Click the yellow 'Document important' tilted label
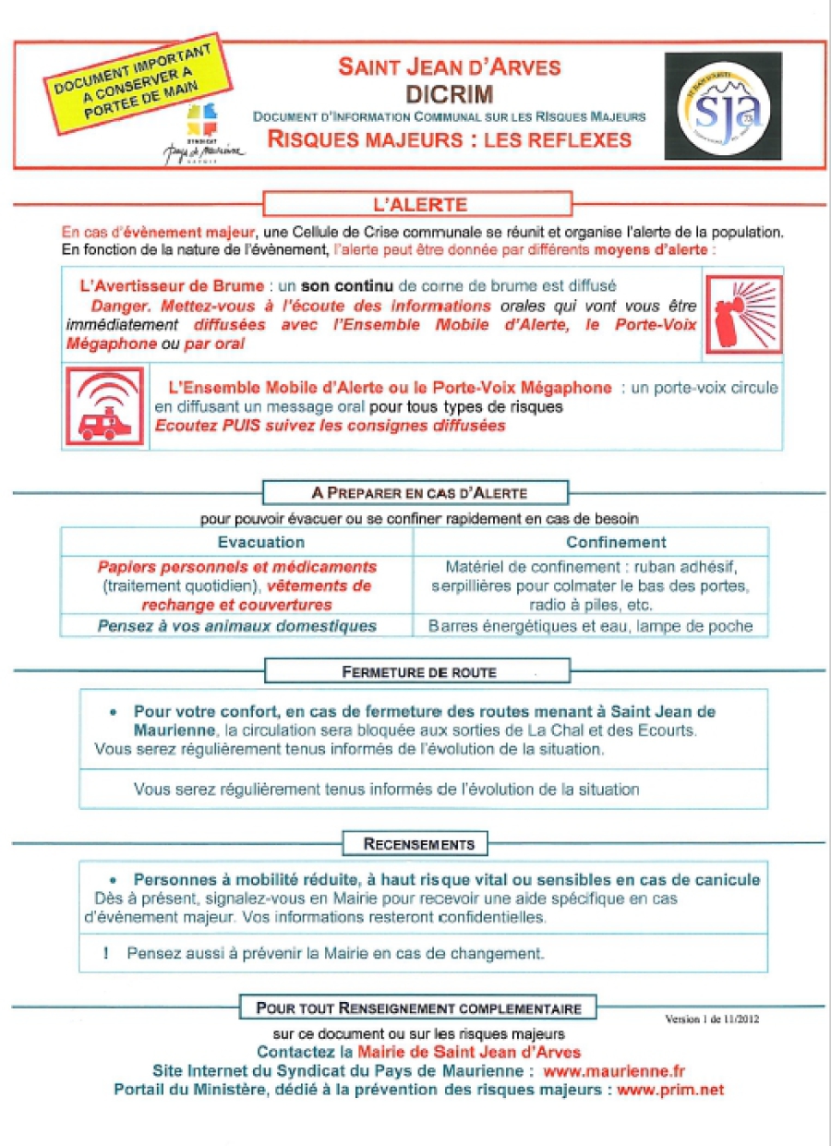[138, 85]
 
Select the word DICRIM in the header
[449, 93]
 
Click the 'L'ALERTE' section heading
[418, 203]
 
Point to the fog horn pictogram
[743, 315]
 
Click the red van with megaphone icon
[104, 406]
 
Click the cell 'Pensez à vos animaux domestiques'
[237, 626]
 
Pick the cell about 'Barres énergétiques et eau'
[591, 626]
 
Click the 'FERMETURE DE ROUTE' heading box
[418, 671]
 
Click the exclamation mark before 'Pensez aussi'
[108, 952]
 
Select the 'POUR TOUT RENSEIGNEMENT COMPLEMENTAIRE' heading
[418, 1007]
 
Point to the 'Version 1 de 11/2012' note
[712, 1019]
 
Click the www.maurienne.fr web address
[614, 1071]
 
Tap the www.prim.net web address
[670, 1090]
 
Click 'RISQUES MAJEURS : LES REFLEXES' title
[449, 139]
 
